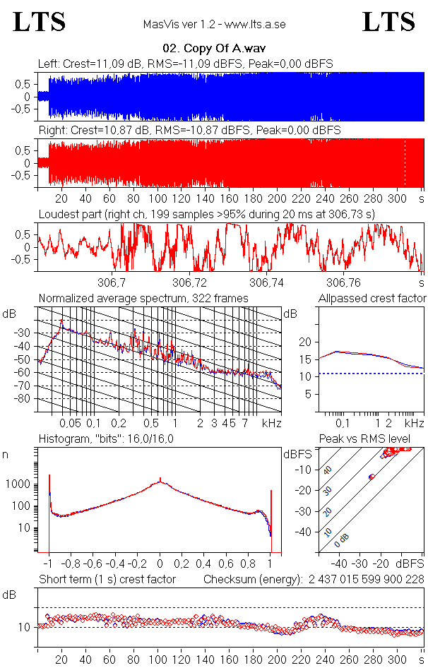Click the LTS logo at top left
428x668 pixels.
[x=40, y=22]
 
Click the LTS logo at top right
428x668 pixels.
[x=388, y=22]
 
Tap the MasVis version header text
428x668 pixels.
[x=213, y=25]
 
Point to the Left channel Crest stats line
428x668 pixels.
[x=186, y=64]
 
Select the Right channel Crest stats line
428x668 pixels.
[x=189, y=131]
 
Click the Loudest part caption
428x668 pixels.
[x=206, y=213]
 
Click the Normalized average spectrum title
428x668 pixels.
[x=143, y=299]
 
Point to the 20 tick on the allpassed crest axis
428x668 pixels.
[x=305, y=342]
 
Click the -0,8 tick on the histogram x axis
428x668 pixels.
[x=71, y=565]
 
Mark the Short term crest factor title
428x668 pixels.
[x=107, y=579]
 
